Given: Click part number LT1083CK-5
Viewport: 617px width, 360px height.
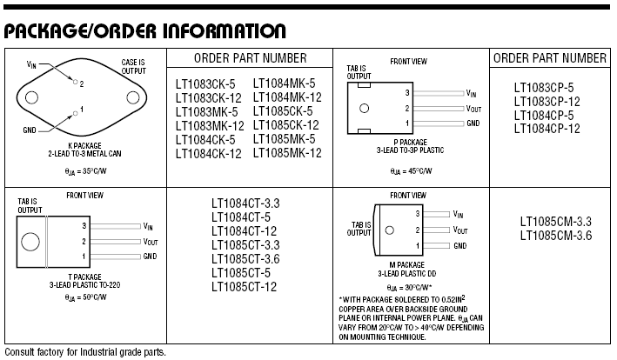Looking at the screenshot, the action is point(205,84).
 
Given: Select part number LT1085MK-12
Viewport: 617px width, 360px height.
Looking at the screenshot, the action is point(287,153).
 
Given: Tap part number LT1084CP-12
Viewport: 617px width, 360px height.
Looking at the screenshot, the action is point(547,129).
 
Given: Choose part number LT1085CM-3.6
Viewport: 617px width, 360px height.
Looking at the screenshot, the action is point(556,236).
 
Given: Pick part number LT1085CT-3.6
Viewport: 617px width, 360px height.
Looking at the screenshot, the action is point(245,259).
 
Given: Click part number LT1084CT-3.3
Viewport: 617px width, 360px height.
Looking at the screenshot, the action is point(245,203).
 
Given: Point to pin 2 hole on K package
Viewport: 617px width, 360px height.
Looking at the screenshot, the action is point(75,82).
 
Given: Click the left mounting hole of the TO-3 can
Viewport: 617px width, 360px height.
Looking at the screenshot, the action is point(31,97).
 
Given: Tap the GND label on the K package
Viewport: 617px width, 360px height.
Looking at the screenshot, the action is point(30,130).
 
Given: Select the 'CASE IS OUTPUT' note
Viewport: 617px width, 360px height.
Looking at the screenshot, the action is point(133,67).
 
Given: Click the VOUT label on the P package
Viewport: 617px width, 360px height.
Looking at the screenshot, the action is point(473,109).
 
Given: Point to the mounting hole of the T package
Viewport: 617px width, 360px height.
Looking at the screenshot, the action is point(30,242).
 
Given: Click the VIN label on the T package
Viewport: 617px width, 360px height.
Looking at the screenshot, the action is point(148,226).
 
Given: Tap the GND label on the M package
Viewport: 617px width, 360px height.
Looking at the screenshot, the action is point(460,245).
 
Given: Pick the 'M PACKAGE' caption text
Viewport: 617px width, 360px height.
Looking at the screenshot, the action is point(407,265).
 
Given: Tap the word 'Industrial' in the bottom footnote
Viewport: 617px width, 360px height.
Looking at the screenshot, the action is point(98,352).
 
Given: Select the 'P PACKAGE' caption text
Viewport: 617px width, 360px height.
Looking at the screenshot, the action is point(411,143).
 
